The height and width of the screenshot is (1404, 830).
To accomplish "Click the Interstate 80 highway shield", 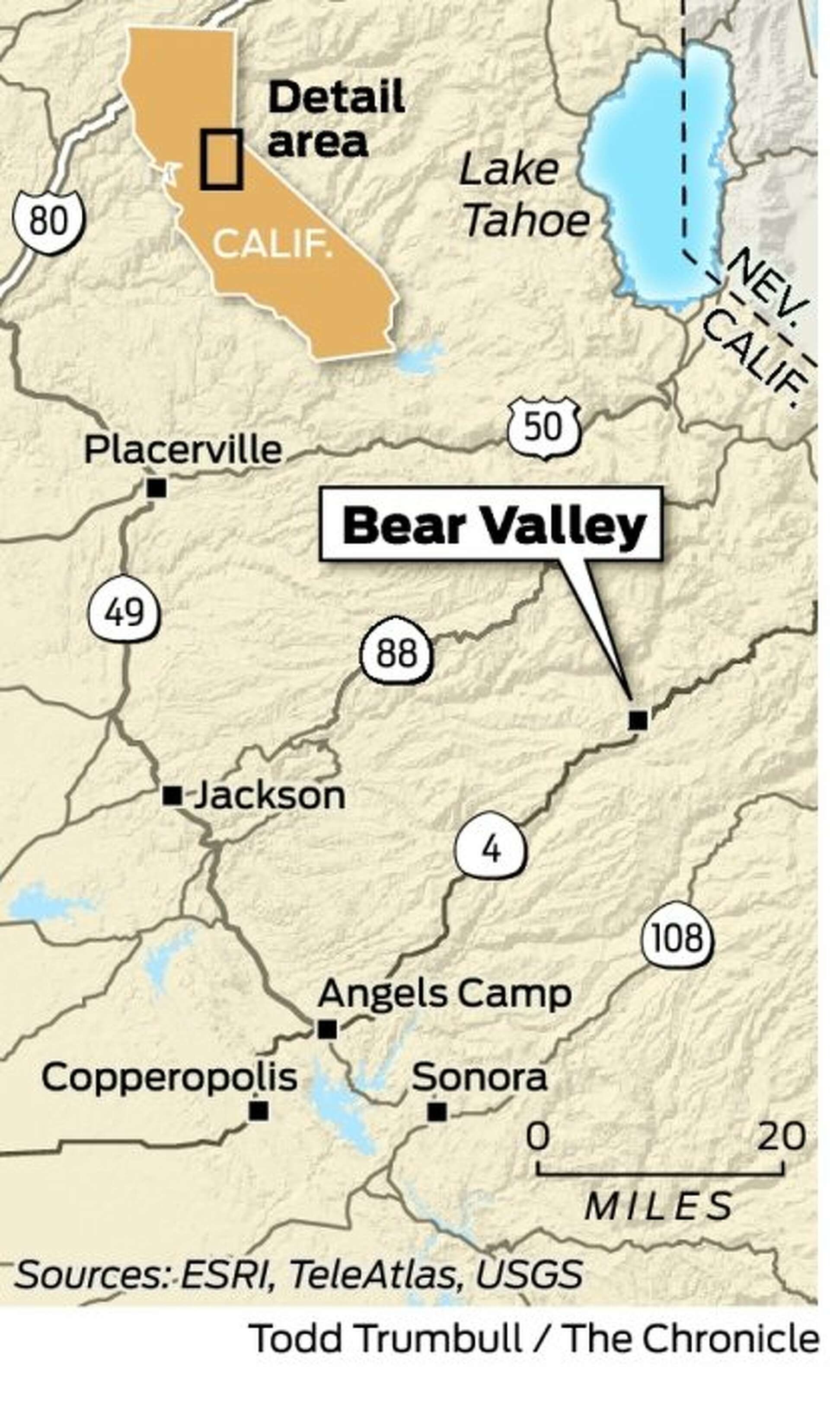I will pos(49,221).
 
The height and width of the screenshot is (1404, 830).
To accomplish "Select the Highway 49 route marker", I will pos(124,612).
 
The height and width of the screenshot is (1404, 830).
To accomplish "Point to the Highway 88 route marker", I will pos(396,652).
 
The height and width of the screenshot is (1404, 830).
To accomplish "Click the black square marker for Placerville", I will pos(156,488).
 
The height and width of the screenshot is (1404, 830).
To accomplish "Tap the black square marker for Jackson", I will pos(172,795).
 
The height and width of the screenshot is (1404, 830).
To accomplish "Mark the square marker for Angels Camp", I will pos(327,1029).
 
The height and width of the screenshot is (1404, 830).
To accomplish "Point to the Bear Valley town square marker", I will pos(638,720).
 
